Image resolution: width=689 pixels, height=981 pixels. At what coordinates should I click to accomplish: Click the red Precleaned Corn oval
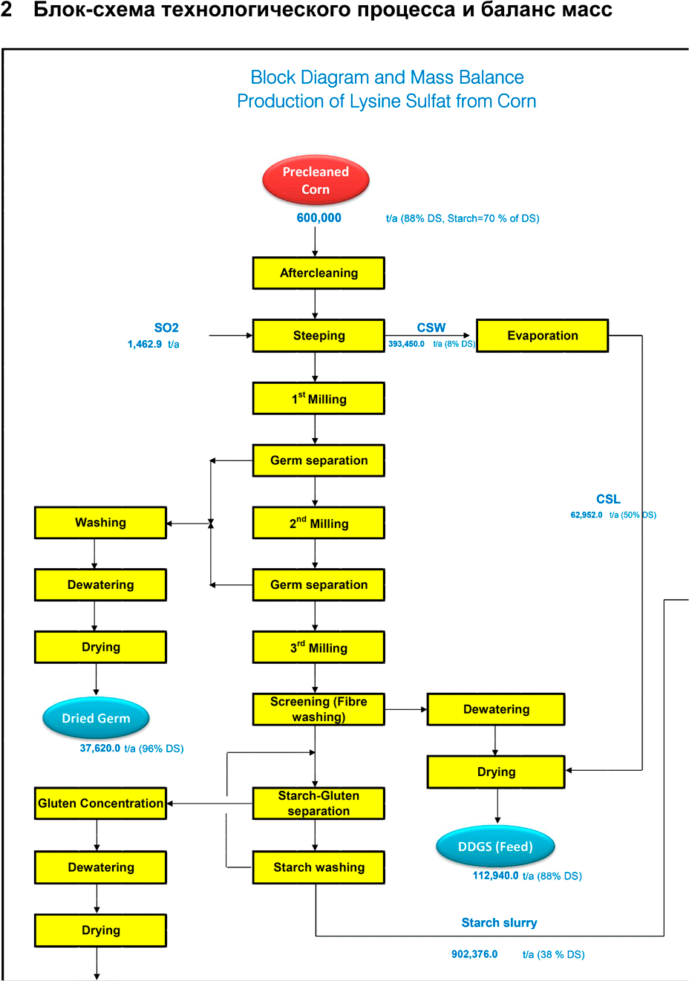click(x=316, y=180)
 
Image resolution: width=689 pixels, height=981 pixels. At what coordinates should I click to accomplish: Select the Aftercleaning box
click(x=319, y=273)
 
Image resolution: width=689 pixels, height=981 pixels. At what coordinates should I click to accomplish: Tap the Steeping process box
click(x=319, y=336)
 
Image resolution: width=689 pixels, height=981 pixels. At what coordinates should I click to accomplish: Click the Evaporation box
click(x=542, y=336)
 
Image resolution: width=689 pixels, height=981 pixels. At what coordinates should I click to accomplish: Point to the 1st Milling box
click(x=319, y=399)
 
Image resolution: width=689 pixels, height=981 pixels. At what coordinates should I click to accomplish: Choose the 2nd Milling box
click(x=319, y=524)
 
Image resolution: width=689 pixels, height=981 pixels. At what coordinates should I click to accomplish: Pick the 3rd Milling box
click(x=319, y=648)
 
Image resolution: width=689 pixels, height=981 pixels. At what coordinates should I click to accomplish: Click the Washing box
click(x=100, y=523)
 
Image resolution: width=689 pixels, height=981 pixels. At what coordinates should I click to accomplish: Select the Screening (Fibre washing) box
click(x=319, y=709)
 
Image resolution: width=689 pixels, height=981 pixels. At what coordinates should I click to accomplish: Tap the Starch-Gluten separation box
click(x=319, y=804)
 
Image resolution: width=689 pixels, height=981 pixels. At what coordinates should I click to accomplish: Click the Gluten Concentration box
click(x=100, y=804)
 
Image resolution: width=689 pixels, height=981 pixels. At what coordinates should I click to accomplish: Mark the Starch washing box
click(x=319, y=867)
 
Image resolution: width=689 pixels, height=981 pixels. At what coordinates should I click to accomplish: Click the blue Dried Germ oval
click(x=96, y=718)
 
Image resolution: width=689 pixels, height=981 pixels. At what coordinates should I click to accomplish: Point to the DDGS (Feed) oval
click(x=495, y=847)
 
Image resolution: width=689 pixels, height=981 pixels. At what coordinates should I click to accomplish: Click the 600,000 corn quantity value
click(x=319, y=218)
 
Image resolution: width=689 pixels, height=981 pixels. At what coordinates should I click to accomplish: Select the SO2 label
click(x=166, y=327)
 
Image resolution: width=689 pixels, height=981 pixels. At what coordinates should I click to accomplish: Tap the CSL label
click(x=608, y=499)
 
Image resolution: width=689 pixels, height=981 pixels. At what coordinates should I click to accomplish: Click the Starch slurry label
click(x=499, y=922)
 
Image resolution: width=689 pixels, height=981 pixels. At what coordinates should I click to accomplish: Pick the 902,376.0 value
click(x=474, y=954)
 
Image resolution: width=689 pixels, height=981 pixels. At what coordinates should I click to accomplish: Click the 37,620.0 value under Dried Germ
click(x=100, y=749)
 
